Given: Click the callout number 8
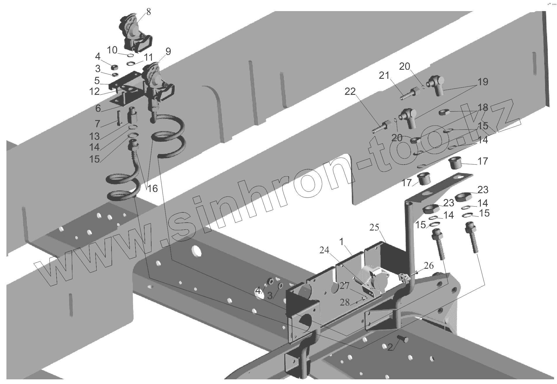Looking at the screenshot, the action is click(149, 12).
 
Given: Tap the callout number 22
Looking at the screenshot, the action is click(350, 92).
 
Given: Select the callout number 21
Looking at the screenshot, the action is click(384, 76).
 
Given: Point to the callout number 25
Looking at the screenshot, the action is click(374, 227).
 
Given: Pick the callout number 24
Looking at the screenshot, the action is click(324, 250).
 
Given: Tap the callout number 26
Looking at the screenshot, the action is click(429, 266).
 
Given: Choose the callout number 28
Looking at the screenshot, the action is click(345, 302).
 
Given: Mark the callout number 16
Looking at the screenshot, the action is click(152, 189).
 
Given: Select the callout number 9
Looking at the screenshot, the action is click(168, 51).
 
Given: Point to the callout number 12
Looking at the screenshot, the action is click(94, 92).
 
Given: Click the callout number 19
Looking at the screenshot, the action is click(483, 82).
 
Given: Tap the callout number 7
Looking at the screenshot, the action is click(97, 123).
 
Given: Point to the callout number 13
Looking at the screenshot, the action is click(94, 136).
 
